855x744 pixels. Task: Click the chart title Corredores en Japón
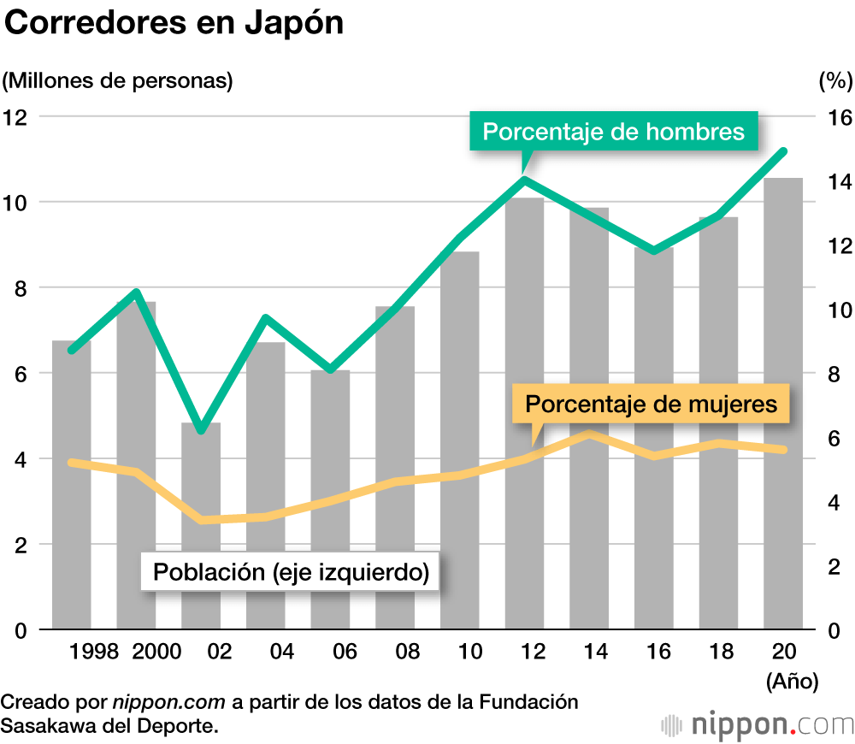[174, 24]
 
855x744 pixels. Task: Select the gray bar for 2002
[201, 526]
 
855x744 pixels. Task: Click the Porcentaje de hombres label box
[613, 132]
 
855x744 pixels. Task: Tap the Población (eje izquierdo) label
[291, 572]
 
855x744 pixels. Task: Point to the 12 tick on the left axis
[16, 117]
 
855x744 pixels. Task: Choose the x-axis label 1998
[94, 652]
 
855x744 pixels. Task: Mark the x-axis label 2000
[157, 652]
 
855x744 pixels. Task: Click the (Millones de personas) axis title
[117, 81]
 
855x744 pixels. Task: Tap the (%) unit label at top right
[835, 81]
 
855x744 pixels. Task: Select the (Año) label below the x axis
[793, 682]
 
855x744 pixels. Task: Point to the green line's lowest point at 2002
[201, 429]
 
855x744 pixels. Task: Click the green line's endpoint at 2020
[783, 151]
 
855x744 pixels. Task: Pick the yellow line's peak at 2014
[589, 434]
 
